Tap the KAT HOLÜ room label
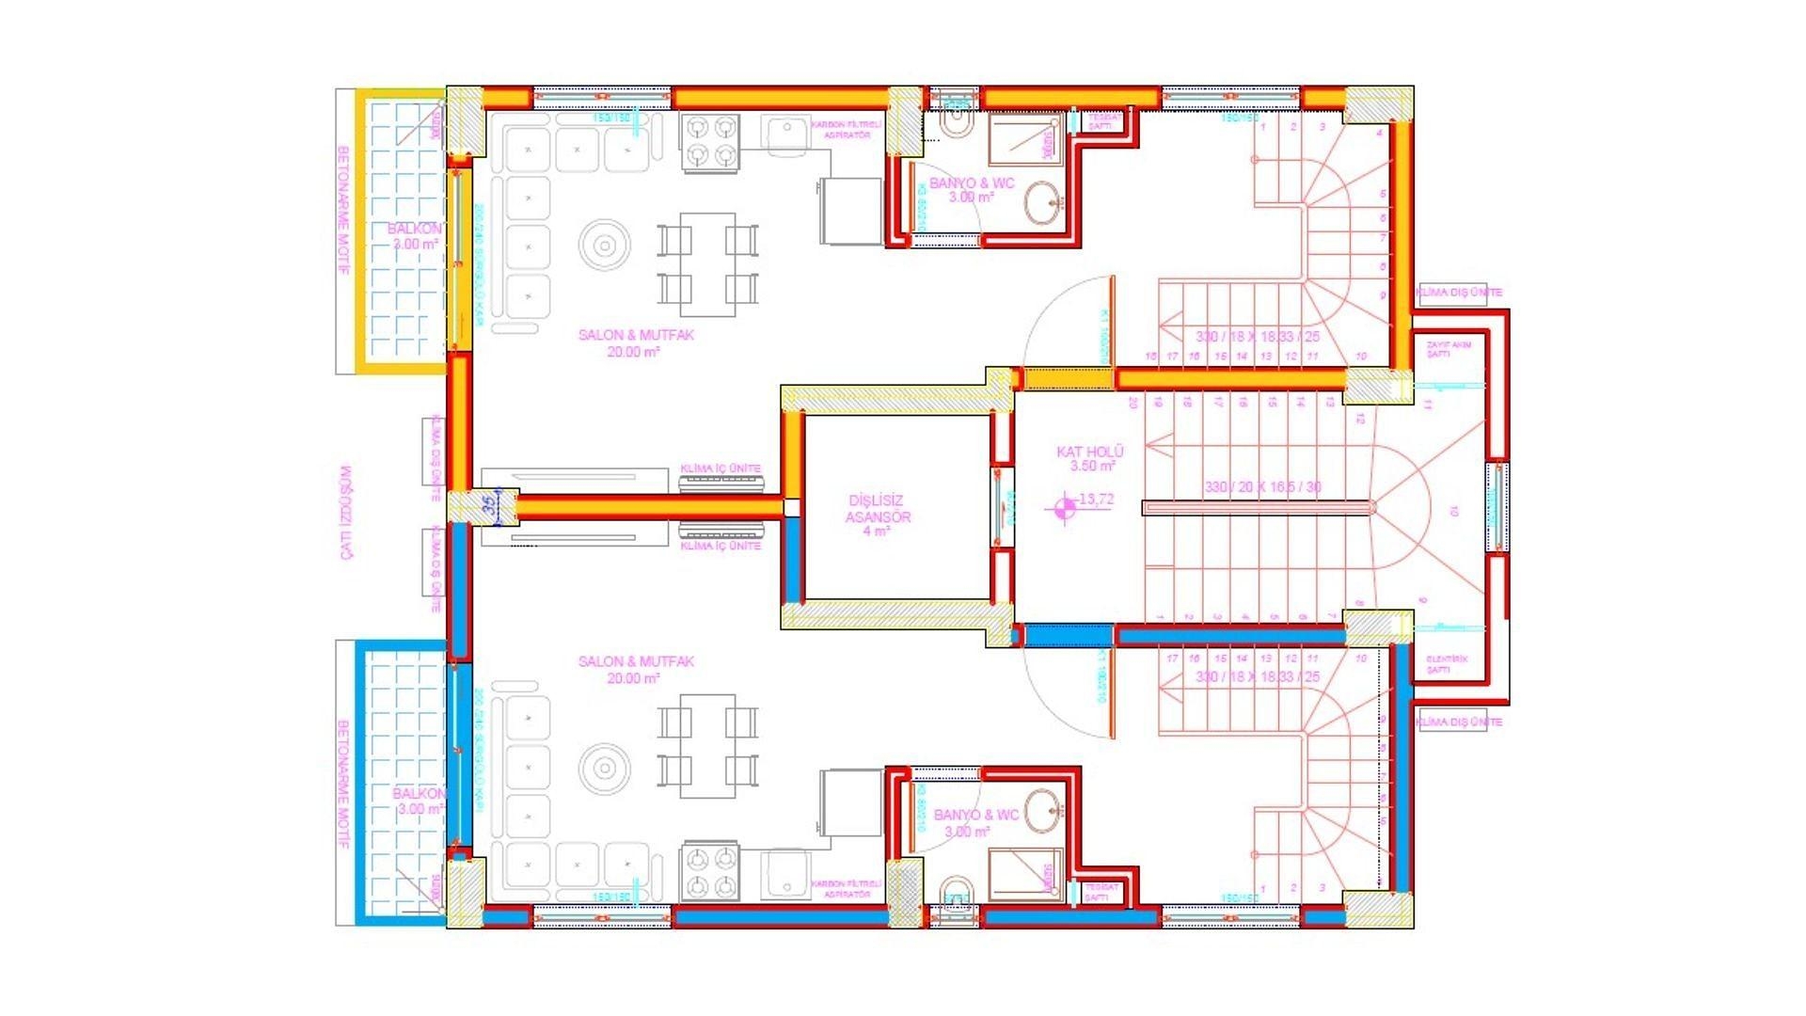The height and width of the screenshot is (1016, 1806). [1089, 458]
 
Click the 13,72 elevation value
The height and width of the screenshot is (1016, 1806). [1096, 500]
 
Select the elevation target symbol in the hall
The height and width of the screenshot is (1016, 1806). [1065, 508]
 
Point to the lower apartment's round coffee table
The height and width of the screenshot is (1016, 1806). [605, 769]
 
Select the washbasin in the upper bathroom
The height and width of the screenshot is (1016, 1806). [1042, 201]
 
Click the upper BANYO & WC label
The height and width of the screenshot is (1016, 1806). [972, 190]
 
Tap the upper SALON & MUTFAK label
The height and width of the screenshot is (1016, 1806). [636, 342]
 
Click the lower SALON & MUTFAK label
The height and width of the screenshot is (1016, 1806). [636, 669]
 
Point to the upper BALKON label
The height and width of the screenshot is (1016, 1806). [415, 236]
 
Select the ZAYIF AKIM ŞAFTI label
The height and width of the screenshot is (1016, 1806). [1449, 350]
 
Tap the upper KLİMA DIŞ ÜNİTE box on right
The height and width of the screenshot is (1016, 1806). [1459, 293]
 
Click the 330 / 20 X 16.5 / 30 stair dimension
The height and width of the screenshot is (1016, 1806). [1262, 487]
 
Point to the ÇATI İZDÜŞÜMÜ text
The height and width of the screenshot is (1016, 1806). [346, 512]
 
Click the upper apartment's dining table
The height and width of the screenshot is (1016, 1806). [708, 264]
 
